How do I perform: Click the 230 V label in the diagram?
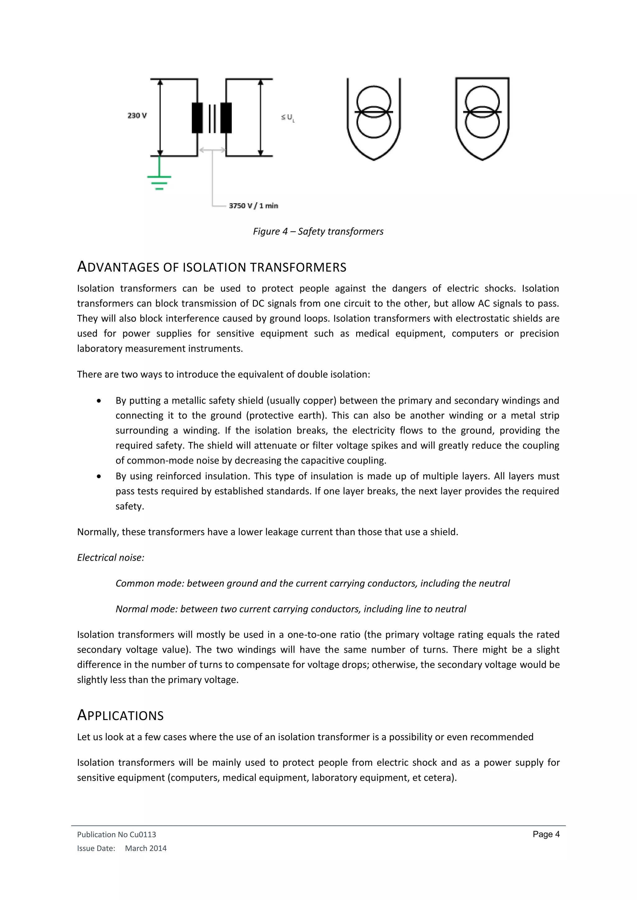click(137, 115)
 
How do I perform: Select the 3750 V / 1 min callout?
click(253, 205)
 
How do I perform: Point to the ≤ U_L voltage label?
click(287, 117)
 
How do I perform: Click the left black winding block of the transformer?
click(197, 117)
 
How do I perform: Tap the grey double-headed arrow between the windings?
click(212, 150)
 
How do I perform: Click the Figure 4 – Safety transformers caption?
click(318, 231)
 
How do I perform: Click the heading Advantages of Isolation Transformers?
click(212, 267)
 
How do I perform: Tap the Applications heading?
click(120, 715)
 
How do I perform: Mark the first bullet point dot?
click(99, 401)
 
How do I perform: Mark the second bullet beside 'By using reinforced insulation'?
click(99, 476)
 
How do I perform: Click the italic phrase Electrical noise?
click(111, 558)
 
